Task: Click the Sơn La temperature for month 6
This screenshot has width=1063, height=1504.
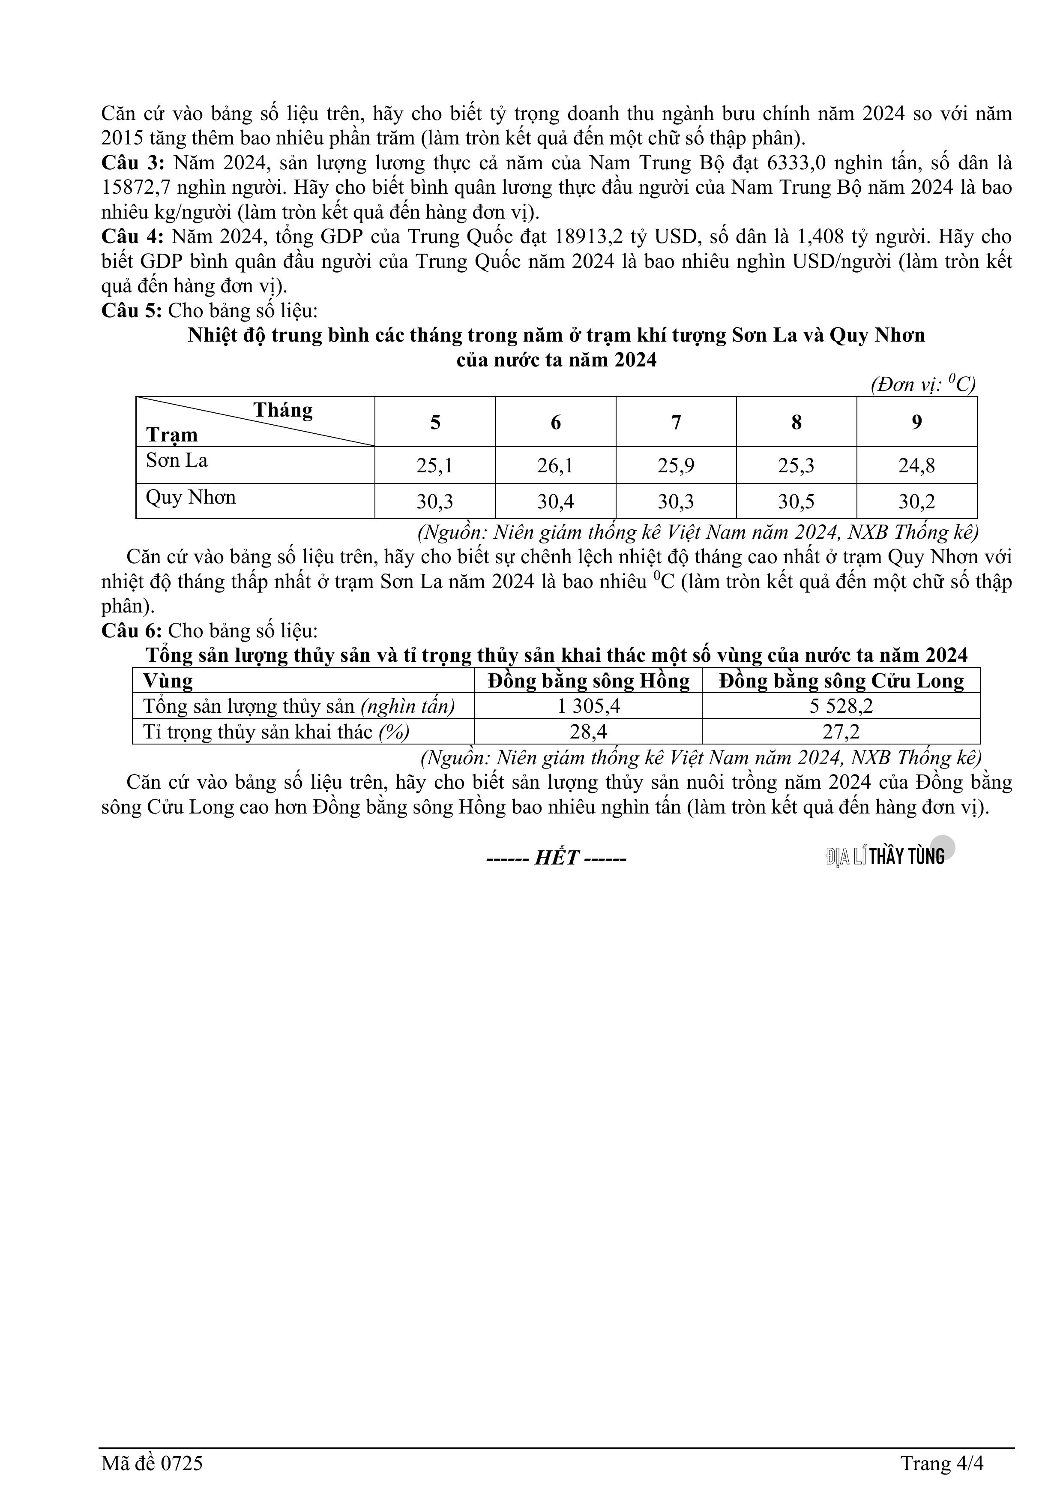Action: (555, 466)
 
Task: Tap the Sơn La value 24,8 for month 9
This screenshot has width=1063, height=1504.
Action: (916, 466)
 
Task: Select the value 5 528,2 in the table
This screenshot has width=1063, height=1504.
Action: (841, 706)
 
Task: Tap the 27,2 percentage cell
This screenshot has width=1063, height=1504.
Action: (841, 732)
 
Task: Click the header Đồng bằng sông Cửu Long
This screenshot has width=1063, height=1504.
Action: (841, 681)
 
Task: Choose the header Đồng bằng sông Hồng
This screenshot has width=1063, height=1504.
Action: (588, 681)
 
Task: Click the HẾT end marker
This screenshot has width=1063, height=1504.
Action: (556, 858)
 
